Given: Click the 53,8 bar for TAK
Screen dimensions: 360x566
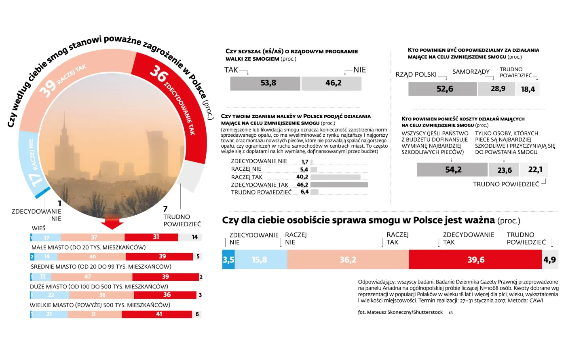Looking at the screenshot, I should (265, 83).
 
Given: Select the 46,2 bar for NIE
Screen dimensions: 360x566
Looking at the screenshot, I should (332, 83).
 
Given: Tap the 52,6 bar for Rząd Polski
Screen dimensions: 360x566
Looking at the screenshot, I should (443, 89).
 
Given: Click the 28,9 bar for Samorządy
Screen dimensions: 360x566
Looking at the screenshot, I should (497, 89).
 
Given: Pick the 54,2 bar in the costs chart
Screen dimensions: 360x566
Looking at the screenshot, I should (452, 170).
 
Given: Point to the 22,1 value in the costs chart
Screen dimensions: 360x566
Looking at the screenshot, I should (535, 170).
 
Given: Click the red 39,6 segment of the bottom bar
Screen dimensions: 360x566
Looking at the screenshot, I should (475, 260).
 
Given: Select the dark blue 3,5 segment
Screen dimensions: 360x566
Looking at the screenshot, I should (228, 260).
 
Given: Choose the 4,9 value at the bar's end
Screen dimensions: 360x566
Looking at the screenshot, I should (549, 260).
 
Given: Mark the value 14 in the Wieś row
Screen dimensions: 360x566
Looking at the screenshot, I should (194, 237).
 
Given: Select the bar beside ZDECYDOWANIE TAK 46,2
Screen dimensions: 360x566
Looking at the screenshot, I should (339, 185).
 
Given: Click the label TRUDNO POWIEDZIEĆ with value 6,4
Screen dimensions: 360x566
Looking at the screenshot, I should (261, 192).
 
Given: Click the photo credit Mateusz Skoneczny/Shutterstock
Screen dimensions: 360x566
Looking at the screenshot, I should (400, 312).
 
